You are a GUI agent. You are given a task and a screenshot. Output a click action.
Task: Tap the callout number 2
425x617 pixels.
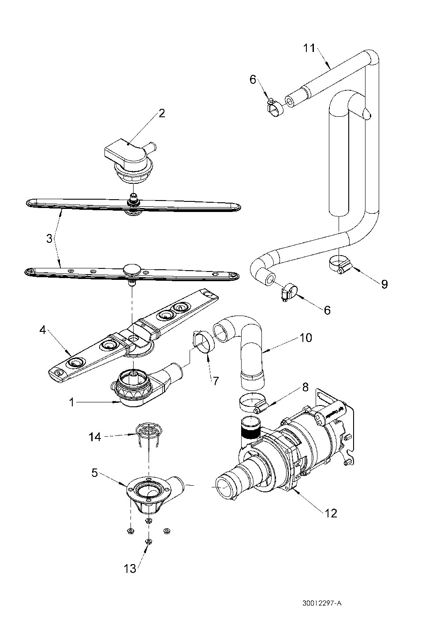[162, 113]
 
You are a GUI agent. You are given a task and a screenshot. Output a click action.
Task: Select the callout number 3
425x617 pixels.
[49, 238]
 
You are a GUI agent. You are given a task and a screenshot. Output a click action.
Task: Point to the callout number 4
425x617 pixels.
[42, 330]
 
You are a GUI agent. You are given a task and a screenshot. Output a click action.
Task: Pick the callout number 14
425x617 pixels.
[94, 437]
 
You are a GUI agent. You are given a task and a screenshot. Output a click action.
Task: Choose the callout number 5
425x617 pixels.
[94, 473]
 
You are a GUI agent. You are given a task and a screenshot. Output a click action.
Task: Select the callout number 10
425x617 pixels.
[306, 338]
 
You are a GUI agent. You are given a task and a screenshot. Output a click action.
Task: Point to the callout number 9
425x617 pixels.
[384, 284]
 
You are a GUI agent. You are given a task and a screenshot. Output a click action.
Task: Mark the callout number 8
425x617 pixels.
[305, 387]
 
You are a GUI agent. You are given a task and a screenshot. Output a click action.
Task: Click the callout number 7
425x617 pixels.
[215, 381]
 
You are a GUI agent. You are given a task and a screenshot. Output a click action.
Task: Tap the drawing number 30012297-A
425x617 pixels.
[322, 602]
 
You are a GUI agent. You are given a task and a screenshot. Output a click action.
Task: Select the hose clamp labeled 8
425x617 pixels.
[251, 404]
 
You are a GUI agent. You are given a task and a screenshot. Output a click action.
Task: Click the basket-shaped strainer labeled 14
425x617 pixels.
[149, 439]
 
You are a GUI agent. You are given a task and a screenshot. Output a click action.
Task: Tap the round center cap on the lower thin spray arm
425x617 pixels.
[132, 268]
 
